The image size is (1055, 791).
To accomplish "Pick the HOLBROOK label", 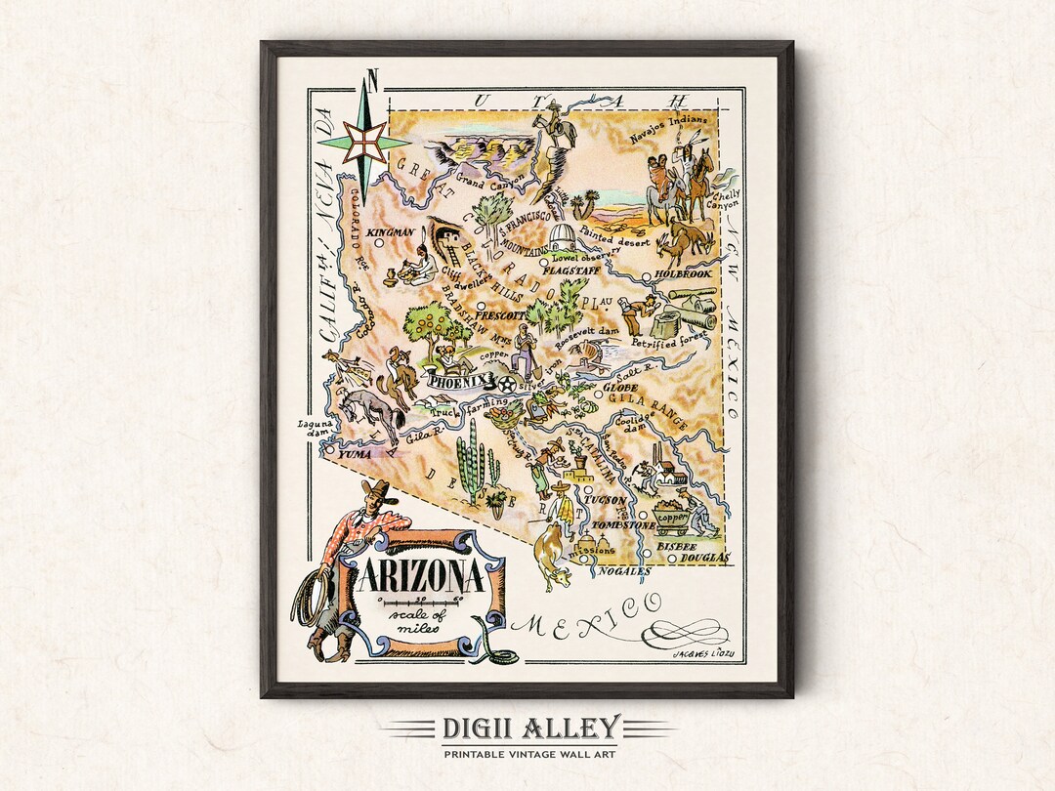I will coord(683,274).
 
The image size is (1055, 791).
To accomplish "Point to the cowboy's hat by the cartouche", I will coord(374,489).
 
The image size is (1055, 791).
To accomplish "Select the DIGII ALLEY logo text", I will coord(527,728).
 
